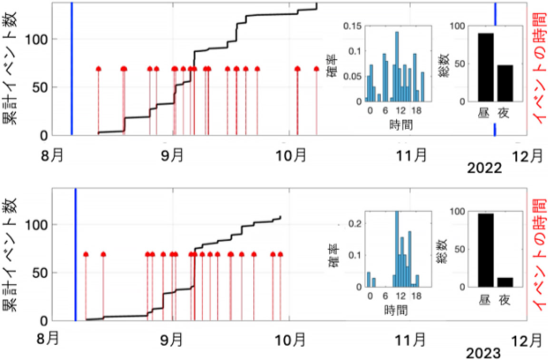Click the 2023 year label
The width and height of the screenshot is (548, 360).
pyautogui.click(x=483, y=353)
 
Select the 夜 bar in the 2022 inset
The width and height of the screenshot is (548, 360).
pyautogui.click(x=505, y=83)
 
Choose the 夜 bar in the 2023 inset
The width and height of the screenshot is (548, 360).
pyautogui.click(x=505, y=282)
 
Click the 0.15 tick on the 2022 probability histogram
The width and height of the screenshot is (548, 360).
pyautogui.click(x=353, y=26)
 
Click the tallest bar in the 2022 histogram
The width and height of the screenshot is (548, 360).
pyautogui.click(x=397, y=66)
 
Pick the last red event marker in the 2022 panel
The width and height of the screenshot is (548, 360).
pyautogui.click(x=316, y=69)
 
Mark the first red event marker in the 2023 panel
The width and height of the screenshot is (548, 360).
pyautogui.click(x=86, y=254)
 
